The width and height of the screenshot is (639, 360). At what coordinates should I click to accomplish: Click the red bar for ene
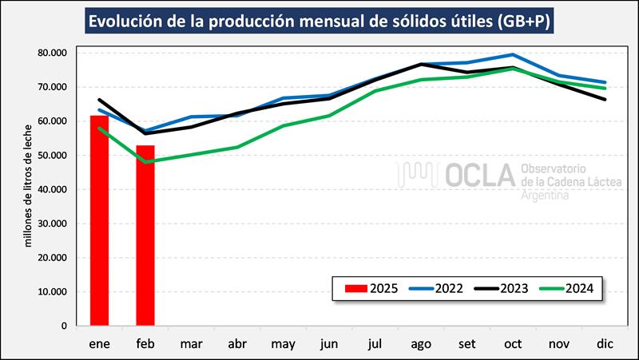coord(99,220)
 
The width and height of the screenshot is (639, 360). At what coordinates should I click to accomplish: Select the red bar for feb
coord(145,235)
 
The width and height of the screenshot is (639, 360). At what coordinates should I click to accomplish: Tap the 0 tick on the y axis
coord(62,326)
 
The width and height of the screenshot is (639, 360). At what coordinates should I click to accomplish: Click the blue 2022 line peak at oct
coord(513,55)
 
